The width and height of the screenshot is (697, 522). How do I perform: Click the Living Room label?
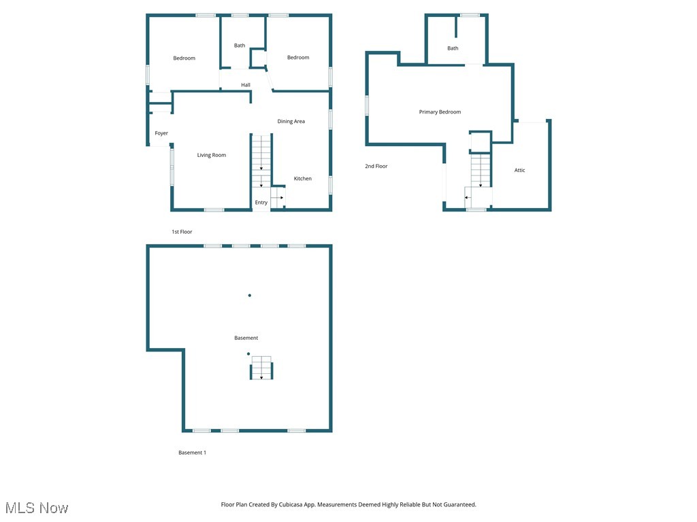coord(211,155)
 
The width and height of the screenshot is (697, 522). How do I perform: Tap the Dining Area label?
coord(291,122)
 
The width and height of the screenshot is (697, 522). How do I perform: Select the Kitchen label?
coord(302,179)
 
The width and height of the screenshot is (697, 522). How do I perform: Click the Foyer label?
coord(161,133)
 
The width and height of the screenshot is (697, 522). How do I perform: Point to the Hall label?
coord(245,85)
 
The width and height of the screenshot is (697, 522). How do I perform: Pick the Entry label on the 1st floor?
coord(261,203)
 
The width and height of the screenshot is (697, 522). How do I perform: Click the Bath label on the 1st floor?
coord(240,46)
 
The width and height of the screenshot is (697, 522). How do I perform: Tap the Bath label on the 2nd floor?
coord(453,48)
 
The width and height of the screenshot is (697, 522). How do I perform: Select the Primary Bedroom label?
coord(440,112)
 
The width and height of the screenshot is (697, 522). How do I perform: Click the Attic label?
coord(519,171)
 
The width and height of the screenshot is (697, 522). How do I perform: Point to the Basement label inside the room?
coord(246,338)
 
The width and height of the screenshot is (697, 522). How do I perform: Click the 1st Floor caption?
coord(182,232)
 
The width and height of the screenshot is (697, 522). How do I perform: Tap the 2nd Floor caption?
coord(376,166)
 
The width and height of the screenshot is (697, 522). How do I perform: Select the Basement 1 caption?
coord(192,453)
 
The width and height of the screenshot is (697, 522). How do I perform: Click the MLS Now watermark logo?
coord(37,508)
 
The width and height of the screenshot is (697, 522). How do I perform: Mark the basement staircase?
coord(261,368)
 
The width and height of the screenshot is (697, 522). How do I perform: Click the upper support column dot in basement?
coord(250,295)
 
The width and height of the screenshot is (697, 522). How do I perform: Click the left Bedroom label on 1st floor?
coord(184,58)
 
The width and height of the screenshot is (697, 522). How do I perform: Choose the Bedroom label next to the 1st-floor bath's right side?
coord(298,58)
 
